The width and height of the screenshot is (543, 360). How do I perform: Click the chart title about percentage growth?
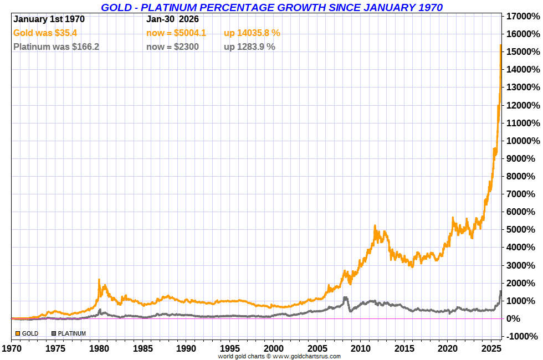tap(271, 7)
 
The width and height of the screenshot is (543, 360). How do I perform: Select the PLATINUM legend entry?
tap(69, 333)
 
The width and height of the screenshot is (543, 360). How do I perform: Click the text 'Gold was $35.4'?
tap(45, 33)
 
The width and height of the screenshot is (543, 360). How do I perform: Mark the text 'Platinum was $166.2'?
tap(56, 47)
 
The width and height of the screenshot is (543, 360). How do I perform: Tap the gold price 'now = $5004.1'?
tap(176, 33)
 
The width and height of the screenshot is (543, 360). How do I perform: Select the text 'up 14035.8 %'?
tap(252, 33)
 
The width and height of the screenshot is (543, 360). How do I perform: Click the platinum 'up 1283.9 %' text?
tap(249, 47)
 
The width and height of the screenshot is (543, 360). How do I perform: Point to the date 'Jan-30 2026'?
tap(172, 19)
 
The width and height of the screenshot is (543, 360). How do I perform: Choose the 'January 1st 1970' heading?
tap(49, 19)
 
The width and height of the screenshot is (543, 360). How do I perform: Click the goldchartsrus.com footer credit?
tap(279, 357)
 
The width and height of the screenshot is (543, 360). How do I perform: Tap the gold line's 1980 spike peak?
tap(99, 280)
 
